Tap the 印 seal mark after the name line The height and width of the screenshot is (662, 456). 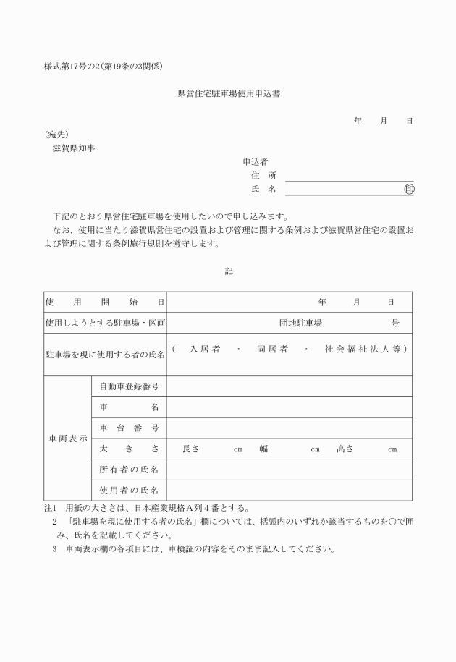409,189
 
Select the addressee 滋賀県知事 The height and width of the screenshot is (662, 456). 73,148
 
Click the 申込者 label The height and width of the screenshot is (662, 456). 255,161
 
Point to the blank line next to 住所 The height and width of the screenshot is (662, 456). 349,176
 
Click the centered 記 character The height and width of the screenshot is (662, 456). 229,271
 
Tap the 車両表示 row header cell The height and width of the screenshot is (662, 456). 68,438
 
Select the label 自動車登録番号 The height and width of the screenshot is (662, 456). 129,386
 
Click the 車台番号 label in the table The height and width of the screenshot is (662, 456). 129,428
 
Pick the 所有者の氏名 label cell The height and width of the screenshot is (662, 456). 129,470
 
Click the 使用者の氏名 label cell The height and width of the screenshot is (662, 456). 129,491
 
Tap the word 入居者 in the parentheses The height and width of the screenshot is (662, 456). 205,349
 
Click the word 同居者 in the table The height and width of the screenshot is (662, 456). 272,349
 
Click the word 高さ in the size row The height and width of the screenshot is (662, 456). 345,449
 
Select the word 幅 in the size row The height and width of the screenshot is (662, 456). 263,449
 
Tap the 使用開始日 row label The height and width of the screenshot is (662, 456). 105,302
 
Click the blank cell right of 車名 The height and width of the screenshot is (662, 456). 289,407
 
